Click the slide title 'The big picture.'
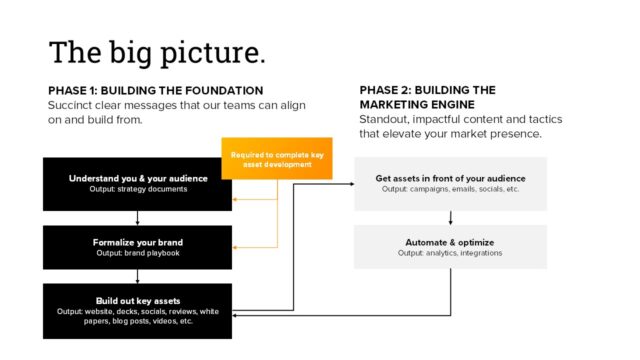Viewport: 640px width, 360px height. (157, 52)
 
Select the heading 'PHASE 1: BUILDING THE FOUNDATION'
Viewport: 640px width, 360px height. (155, 90)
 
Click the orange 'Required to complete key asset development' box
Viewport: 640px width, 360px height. (276, 158)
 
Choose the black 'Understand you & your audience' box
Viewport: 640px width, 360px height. (137, 183)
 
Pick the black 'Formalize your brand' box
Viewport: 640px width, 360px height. (137, 247)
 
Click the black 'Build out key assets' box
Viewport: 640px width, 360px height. (137, 310)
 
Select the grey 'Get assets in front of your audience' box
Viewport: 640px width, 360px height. (450, 183)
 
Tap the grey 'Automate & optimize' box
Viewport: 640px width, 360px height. (450, 247)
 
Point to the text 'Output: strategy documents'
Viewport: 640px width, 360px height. (138, 189)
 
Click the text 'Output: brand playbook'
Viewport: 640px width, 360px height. (138, 253)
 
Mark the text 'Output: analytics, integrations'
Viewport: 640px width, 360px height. (450, 253)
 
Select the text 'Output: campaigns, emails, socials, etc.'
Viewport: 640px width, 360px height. (450, 189)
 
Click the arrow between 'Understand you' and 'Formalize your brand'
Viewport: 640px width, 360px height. (137, 218)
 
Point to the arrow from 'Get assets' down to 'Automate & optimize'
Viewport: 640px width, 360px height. (450, 218)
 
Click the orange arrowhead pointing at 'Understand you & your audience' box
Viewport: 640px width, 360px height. (236, 199)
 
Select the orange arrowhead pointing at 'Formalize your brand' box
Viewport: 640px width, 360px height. (236, 246)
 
